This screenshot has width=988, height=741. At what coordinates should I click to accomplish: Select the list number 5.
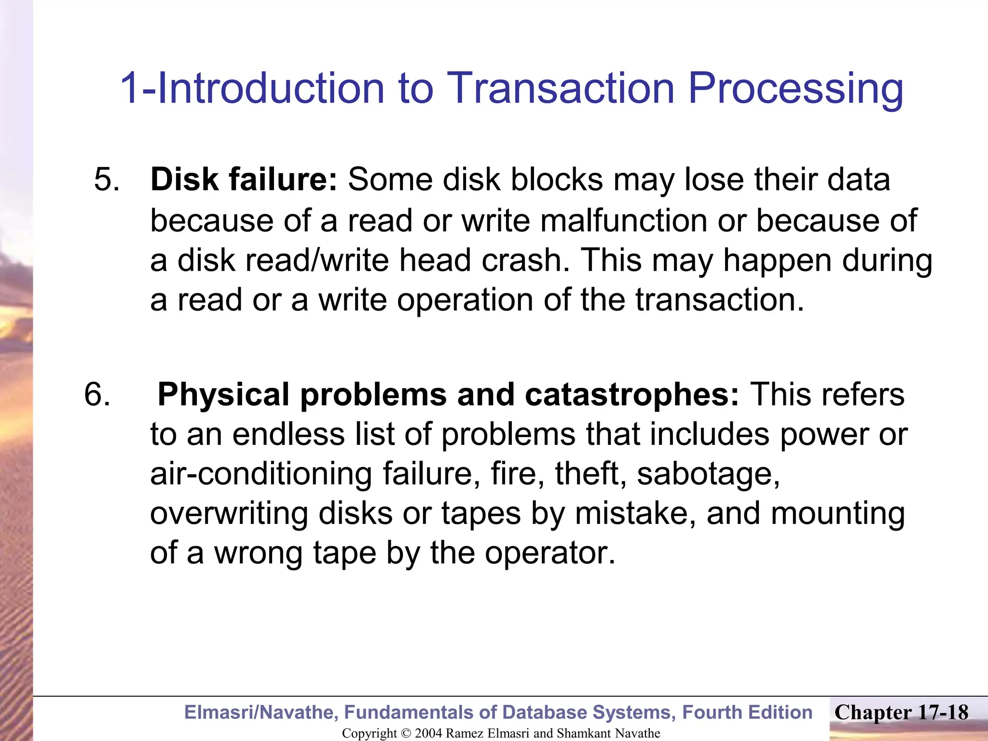tap(107, 179)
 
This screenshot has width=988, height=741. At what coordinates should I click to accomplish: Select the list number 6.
tap(97, 394)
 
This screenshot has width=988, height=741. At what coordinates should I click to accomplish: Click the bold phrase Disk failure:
tap(244, 179)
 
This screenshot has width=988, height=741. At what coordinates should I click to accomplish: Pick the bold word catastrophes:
tap(631, 394)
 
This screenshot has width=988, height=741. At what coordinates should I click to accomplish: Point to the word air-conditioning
tap(261, 474)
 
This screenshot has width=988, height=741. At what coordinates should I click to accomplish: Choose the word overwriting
tap(229, 513)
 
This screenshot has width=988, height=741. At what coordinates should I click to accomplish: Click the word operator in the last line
tap(549, 553)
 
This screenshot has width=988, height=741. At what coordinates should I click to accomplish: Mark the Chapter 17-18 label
tap(901, 713)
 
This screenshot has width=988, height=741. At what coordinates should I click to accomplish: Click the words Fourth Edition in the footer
tap(747, 713)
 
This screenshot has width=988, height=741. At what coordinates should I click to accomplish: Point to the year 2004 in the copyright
tap(428, 733)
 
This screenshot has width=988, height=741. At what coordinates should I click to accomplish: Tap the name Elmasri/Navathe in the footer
tap(261, 713)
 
